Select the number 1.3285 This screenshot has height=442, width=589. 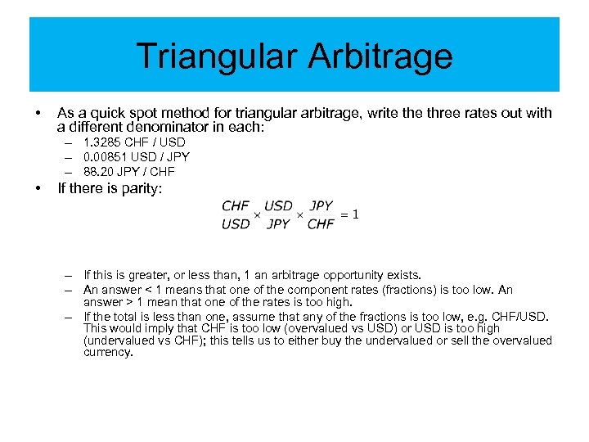point(101,142)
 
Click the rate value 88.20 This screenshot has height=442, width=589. point(100,172)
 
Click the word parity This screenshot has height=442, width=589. point(142,189)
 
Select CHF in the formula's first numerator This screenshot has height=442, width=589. point(236,206)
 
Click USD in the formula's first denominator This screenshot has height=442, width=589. point(236,223)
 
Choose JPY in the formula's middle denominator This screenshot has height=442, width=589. point(279,223)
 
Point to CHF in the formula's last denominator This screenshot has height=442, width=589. point(321,223)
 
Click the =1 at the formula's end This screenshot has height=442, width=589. point(350,214)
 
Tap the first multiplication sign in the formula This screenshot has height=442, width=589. point(257,215)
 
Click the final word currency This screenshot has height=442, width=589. point(108,353)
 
